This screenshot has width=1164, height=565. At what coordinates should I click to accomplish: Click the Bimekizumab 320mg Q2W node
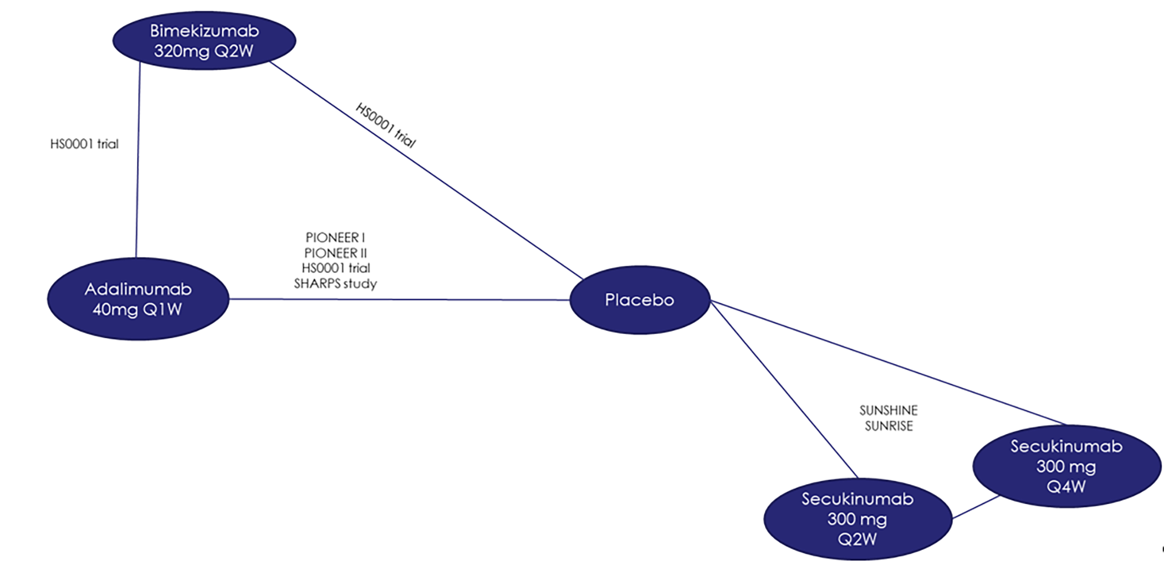click(204, 40)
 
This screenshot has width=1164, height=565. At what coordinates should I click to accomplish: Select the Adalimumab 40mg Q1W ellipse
click(137, 299)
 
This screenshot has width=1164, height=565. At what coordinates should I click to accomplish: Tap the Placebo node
click(639, 300)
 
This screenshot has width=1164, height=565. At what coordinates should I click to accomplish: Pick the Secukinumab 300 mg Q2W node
click(857, 519)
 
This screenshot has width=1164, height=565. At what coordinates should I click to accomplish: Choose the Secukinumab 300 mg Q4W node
click(1066, 466)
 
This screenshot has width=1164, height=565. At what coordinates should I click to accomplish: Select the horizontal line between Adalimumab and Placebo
click(399, 299)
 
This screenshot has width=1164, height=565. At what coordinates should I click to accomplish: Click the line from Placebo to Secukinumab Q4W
click(887, 363)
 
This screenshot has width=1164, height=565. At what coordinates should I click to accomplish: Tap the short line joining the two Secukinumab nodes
click(976, 507)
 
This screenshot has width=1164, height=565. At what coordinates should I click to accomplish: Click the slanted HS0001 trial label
click(386, 125)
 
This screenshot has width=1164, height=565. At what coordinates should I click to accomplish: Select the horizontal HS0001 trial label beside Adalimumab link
click(84, 144)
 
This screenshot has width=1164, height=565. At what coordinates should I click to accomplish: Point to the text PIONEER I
click(335, 237)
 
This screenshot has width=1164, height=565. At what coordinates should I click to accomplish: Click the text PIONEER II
click(335, 253)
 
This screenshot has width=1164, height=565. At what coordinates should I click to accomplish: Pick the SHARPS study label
click(335, 283)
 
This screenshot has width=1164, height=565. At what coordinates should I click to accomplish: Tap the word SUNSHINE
click(889, 410)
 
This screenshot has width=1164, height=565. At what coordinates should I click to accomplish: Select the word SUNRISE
click(889, 426)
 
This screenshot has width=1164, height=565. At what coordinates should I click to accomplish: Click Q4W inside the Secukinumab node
click(1066, 487)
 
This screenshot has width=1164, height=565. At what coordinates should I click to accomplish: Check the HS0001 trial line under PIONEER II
click(335, 268)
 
